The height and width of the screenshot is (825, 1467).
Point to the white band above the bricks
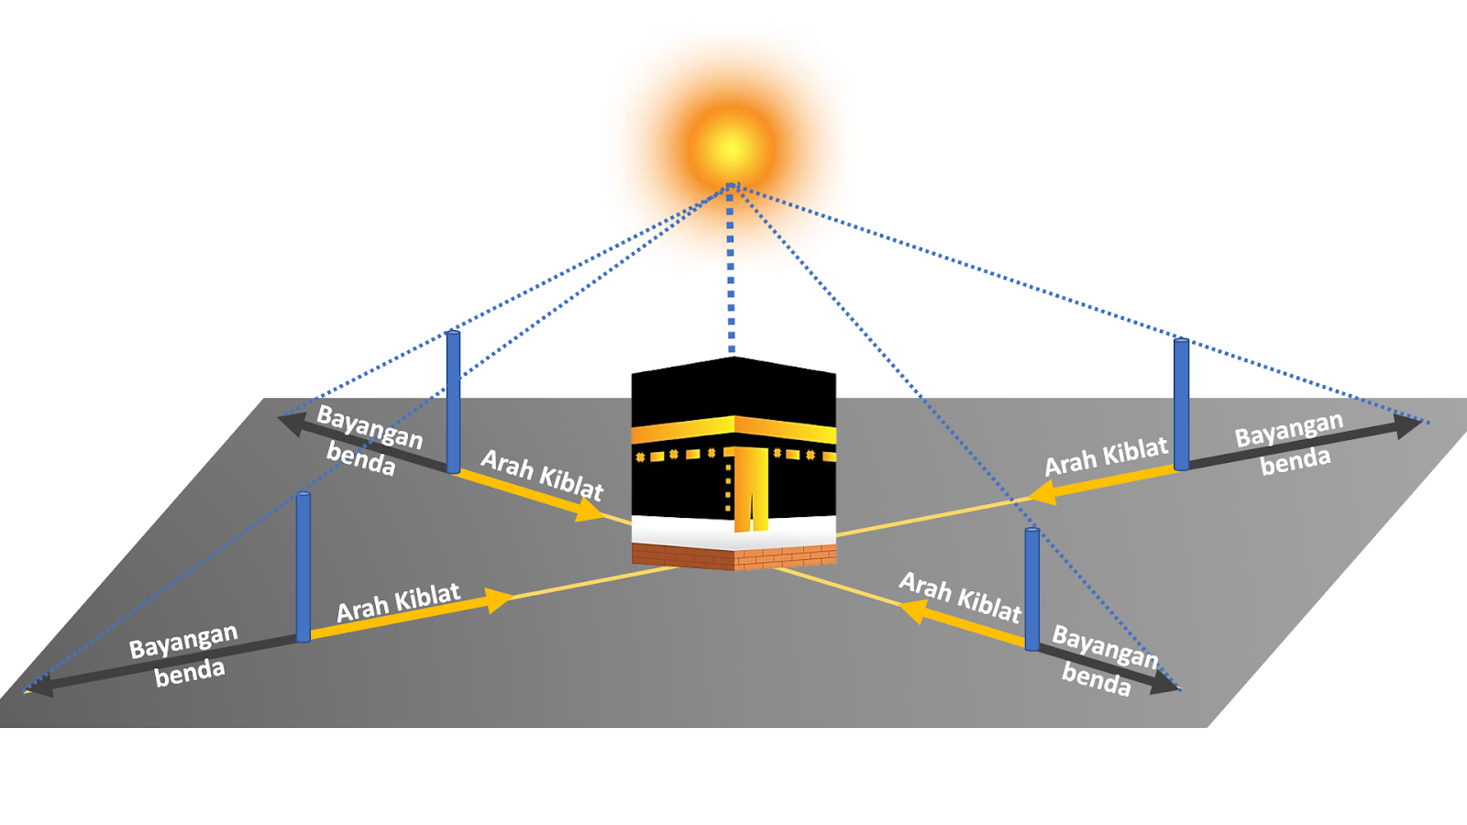coord(733,530)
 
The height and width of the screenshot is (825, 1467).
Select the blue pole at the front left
coord(303,566)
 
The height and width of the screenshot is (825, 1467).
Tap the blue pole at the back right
coord(1181,403)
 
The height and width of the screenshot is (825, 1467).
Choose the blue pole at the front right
coord(1032,588)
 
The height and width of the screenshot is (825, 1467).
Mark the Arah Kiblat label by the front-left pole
coord(398,602)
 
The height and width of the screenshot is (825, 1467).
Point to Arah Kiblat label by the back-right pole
coord(1106,456)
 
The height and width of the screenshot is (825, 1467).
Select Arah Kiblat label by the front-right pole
coord(960,598)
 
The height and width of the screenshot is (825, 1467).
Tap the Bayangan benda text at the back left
coord(367,441)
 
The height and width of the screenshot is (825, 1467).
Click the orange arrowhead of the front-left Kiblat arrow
coord(499,600)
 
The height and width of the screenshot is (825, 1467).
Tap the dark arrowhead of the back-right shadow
coord(1408,425)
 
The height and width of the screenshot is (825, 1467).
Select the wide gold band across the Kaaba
coord(733,427)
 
